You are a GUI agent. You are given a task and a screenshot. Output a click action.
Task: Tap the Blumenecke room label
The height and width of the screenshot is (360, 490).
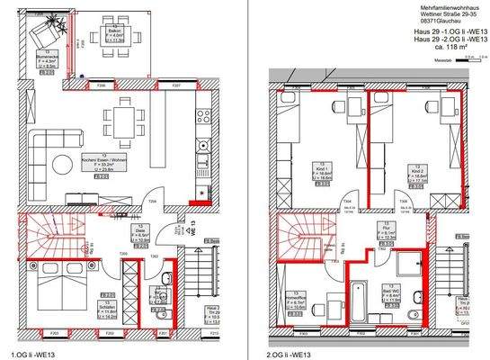(50, 59)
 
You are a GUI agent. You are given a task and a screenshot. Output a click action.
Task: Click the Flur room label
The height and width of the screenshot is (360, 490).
(378, 231)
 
